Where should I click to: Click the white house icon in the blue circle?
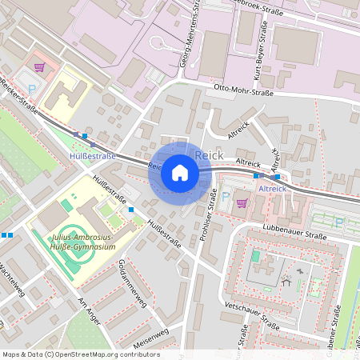click(180, 173)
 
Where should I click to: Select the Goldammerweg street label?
click(130, 282)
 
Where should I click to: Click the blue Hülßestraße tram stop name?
click(93, 155)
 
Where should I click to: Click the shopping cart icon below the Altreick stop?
click(242, 202)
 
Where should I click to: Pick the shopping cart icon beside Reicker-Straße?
click(40, 67)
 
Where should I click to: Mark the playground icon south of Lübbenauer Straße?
click(286, 281)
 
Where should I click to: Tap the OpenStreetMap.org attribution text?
click(80, 354)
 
